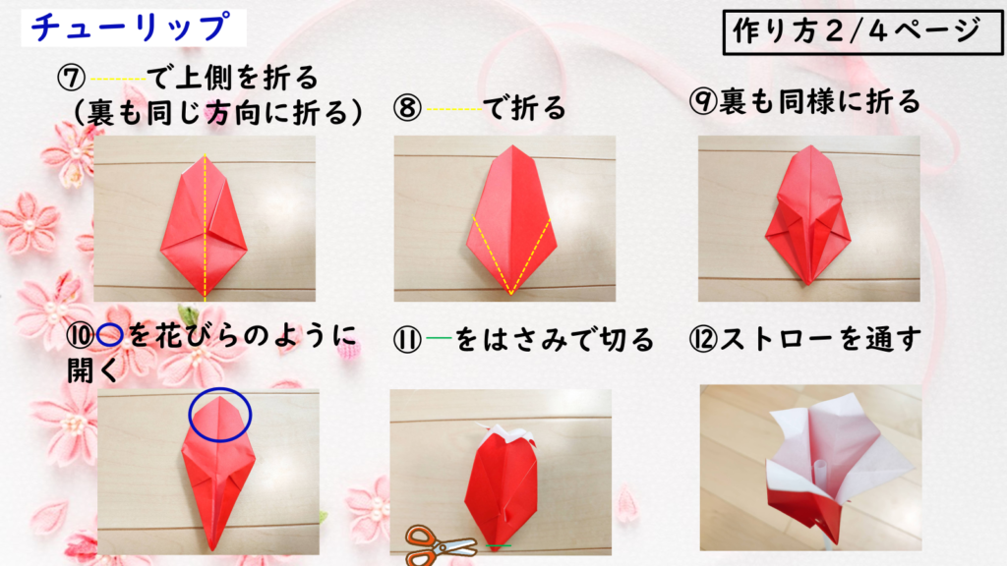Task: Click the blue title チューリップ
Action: [x=131, y=28]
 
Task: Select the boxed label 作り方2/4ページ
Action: [x=861, y=32]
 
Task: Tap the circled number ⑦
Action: [x=71, y=79]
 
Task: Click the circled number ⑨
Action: [x=702, y=101]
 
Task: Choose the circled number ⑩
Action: [x=81, y=336]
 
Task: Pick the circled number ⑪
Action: [x=407, y=339]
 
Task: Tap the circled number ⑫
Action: [x=702, y=339]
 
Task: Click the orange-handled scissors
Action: [x=441, y=544]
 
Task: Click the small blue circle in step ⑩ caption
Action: [x=110, y=336]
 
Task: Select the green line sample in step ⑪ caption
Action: [x=439, y=338]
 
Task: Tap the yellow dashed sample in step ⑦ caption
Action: [x=118, y=79]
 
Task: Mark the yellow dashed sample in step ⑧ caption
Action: [x=454, y=109]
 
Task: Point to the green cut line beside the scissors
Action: [x=499, y=546]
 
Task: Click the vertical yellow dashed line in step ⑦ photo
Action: [x=205, y=228]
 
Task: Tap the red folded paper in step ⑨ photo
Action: [x=808, y=215]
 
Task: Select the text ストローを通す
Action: [x=820, y=339]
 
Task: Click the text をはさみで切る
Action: [x=555, y=339]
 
